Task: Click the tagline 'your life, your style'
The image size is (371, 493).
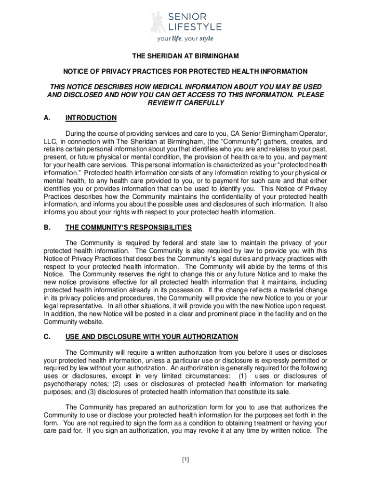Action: (x=185, y=39)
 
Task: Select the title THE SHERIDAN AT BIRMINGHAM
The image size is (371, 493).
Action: (x=185, y=56)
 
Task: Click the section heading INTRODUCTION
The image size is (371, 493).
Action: (x=91, y=118)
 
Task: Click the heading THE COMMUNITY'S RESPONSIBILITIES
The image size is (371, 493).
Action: (x=129, y=227)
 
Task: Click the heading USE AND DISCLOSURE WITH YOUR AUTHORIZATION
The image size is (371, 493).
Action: (x=152, y=337)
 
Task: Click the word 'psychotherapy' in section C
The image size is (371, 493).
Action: (x=63, y=384)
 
